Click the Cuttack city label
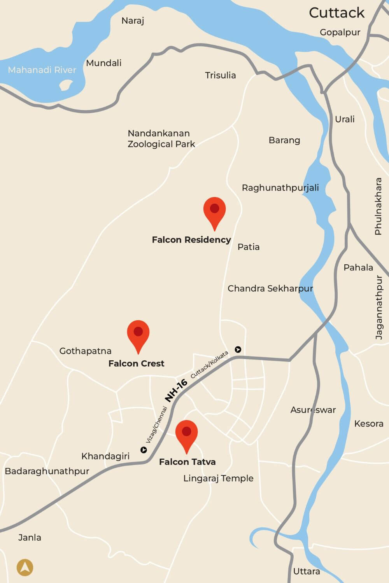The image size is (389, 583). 336,13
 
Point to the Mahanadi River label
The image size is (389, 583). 42,70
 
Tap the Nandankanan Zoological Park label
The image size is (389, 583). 161,139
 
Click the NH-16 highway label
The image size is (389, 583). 176,390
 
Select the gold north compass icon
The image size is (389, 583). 25,567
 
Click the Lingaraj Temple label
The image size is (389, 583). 218,478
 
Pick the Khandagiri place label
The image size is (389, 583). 105,456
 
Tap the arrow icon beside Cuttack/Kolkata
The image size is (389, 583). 238,349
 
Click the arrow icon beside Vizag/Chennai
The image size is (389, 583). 144,450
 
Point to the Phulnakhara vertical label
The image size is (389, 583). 378,206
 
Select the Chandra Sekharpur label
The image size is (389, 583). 270,288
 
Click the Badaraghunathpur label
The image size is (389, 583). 47,471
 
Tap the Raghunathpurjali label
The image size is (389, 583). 280,188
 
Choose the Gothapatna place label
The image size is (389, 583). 85,351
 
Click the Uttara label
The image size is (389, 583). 307,571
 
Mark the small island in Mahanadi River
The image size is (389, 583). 67,84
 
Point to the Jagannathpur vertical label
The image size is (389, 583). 379,307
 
